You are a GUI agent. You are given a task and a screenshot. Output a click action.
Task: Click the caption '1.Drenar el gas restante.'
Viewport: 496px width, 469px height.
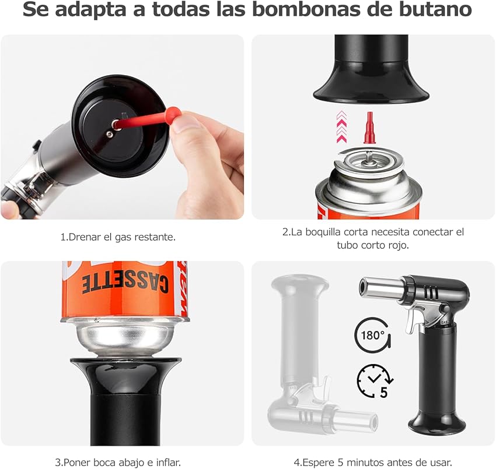(x=118, y=237)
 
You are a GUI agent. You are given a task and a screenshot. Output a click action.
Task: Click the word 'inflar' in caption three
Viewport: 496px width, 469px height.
(x=166, y=462)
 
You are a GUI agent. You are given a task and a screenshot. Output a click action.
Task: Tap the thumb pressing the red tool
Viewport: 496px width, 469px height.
(x=188, y=124)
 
